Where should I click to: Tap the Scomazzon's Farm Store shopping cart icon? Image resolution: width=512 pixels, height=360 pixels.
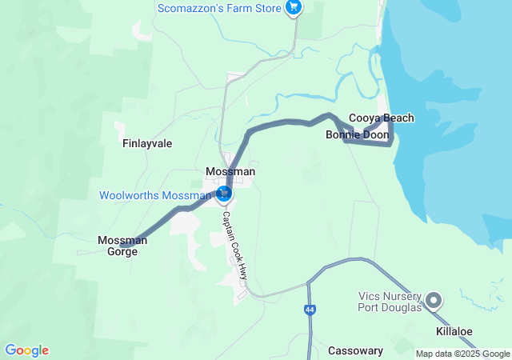[294, 9]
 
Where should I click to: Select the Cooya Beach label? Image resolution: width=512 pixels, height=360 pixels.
[382, 118]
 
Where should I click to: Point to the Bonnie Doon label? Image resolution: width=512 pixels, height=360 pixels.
[357, 135]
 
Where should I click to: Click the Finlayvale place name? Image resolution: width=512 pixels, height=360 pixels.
[147, 144]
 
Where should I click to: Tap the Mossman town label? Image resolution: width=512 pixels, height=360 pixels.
[230, 172]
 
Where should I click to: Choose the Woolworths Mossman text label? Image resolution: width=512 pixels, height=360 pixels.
[155, 196]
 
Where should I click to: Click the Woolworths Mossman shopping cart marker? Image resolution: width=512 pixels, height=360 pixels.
[225, 194]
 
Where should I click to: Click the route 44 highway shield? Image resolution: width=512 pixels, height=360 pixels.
[310, 310]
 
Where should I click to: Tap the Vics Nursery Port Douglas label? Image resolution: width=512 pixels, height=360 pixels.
[388, 301]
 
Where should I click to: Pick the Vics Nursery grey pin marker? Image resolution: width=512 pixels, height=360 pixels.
[434, 301]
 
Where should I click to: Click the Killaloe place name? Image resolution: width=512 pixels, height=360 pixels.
[454, 331]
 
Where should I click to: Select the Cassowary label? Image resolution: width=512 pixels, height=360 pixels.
[355, 350]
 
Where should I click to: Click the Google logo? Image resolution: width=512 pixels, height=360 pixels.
[26, 350]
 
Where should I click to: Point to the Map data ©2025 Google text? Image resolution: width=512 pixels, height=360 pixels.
[462, 354]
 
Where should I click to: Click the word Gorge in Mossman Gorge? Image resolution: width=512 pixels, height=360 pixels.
[122, 251]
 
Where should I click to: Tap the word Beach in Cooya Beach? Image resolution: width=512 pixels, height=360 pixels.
[398, 118]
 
